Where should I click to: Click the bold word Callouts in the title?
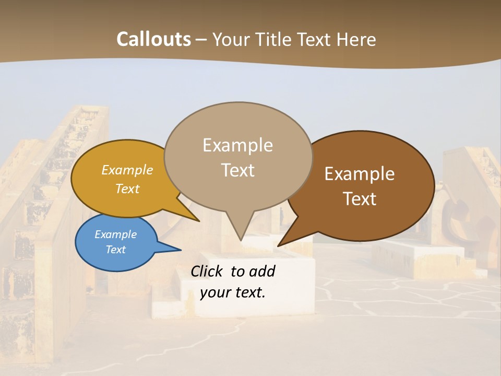click(x=153, y=39)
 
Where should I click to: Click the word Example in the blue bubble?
click(x=115, y=234)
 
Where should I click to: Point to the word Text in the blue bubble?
click(x=115, y=250)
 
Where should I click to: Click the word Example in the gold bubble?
click(x=127, y=170)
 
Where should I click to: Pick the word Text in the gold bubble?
click(x=127, y=189)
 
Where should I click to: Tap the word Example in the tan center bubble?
click(x=237, y=145)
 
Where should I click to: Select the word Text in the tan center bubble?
click(x=237, y=170)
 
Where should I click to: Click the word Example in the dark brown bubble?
click(x=360, y=174)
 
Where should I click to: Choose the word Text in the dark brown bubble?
click(x=360, y=199)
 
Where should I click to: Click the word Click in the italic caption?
click(x=208, y=271)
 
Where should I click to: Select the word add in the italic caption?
click(x=262, y=271)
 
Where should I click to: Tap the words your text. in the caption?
click(x=232, y=292)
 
